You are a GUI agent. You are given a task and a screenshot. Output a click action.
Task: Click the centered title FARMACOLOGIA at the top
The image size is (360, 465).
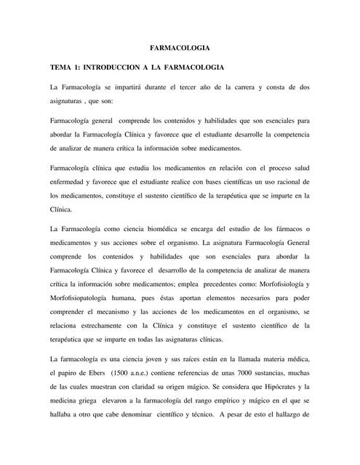(x=180, y=47)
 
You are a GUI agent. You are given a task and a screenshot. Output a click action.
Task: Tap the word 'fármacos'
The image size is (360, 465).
(x=287, y=230)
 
